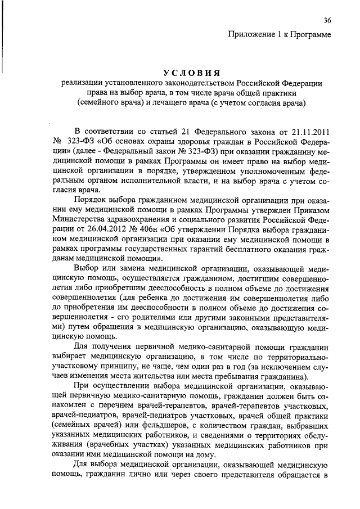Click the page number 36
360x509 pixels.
pyautogui.click(x=327, y=21)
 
